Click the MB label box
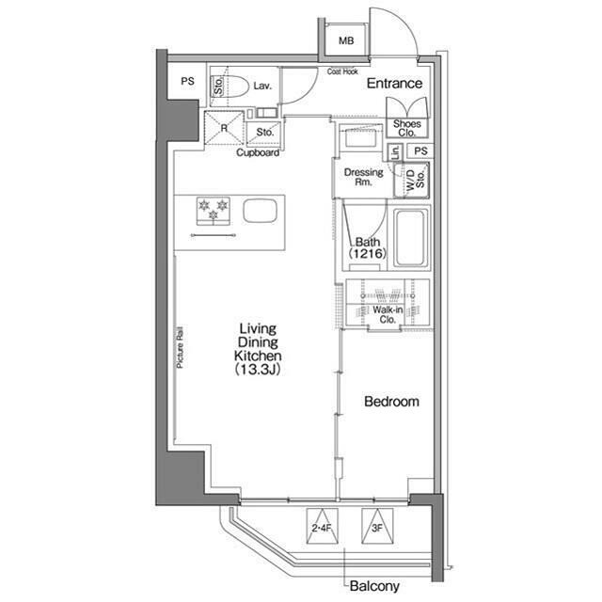[346, 40]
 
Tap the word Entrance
[394, 84]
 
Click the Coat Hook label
[342, 71]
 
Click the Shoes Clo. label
[407, 128]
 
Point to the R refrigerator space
[224, 128]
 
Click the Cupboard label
[258, 152]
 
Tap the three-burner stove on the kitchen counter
[214, 211]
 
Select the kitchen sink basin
[260, 211]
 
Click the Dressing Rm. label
[364, 177]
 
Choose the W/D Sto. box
[411, 180]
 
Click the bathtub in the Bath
[411, 238]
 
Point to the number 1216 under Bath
[368, 253]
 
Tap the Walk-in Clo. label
[388, 314]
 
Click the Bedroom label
[391, 402]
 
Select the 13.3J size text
[258, 370]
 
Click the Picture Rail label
[180, 347]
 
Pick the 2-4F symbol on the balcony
[322, 526]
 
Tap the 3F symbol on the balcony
[377, 526]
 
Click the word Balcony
[374, 586]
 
